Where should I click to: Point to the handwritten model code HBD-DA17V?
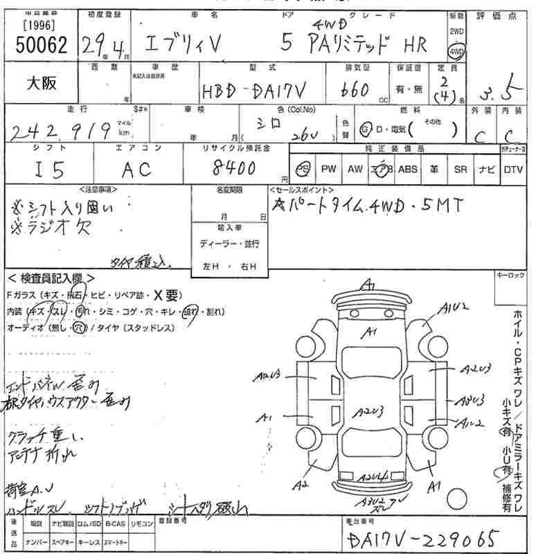click(x=253, y=91)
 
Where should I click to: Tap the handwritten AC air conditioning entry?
click(x=136, y=168)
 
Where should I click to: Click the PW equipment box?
click(x=328, y=169)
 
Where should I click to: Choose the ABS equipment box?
click(x=408, y=169)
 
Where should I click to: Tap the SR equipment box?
click(x=460, y=169)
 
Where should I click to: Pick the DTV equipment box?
click(x=513, y=169)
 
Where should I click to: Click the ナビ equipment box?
click(x=486, y=169)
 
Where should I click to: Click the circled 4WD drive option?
click(x=456, y=51)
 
